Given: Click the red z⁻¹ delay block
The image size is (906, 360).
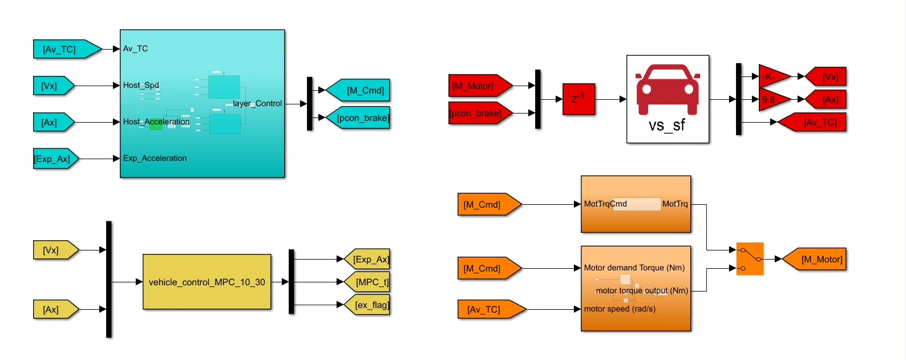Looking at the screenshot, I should click(x=579, y=99).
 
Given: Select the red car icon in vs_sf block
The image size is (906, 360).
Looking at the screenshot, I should click(x=668, y=88).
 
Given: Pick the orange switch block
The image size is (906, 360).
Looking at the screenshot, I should click(x=750, y=259).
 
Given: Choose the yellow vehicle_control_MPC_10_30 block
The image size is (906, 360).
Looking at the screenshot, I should click(x=207, y=282).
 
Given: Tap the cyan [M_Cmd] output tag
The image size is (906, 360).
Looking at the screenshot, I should click(x=361, y=90).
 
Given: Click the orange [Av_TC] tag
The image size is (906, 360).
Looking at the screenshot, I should click(x=488, y=309).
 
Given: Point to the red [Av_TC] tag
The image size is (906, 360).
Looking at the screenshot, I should click(x=815, y=122).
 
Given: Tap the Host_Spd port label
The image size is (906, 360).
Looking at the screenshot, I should click(x=141, y=85).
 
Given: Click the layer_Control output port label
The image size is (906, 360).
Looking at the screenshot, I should click(x=257, y=103).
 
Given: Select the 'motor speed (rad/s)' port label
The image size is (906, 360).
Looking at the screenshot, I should click(x=620, y=309).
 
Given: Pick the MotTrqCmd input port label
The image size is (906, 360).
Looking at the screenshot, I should click(x=605, y=204).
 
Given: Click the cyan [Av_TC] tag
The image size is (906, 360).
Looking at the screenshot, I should click(x=63, y=49).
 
